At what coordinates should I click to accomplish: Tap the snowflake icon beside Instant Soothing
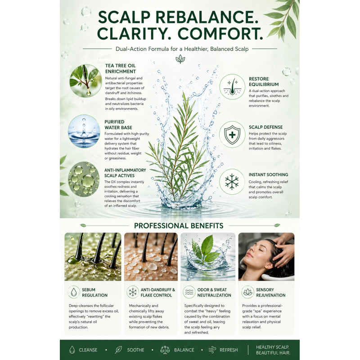(x=232, y=182)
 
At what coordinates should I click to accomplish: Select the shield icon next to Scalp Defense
(x=232, y=135)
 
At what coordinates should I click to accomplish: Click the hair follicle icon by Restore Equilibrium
(x=232, y=87)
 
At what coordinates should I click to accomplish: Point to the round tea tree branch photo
(x=85, y=81)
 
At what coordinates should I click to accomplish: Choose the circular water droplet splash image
(x=84, y=131)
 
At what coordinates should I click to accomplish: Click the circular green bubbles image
(x=84, y=179)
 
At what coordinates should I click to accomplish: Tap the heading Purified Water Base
(x=118, y=125)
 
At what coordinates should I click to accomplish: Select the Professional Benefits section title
(x=179, y=226)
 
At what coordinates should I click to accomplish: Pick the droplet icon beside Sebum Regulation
(x=74, y=292)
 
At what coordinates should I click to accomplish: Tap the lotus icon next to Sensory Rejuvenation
(x=247, y=292)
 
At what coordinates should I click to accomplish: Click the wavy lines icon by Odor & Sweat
(x=189, y=292)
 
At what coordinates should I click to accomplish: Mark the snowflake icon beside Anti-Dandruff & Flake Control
(x=132, y=292)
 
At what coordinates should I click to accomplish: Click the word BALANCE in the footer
(x=184, y=350)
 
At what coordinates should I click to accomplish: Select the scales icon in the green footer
(x=165, y=350)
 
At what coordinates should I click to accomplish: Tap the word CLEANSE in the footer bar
(x=88, y=350)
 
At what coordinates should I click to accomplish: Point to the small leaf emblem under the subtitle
(x=180, y=59)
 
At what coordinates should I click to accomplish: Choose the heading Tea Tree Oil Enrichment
(x=121, y=68)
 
